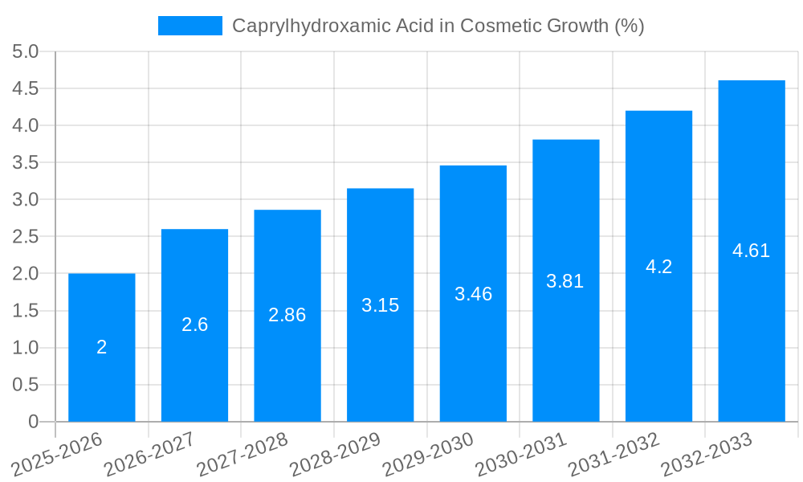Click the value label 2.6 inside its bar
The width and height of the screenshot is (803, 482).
pyautogui.click(x=195, y=325)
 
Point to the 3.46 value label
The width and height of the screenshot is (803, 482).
pyautogui.click(x=473, y=294)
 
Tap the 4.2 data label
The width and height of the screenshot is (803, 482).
pyautogui.click(x=658, y=267)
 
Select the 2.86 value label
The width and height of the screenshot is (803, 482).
pyautogui.click(x=287, y=315)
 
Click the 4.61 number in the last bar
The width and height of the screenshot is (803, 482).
pyautogui.click(x=752, y=251)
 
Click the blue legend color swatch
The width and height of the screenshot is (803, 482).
pyautogui.click(x=190, y=26)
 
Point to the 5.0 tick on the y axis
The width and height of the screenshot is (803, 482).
pyautogui.click(x=26, y=52)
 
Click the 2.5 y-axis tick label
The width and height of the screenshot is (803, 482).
pyautogui.click(x=26, y=237)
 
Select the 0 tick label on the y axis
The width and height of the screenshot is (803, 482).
pyautogui.click(x=33, y=422)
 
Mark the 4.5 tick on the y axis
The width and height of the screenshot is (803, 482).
pyautogui.click(x=26, y=89)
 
